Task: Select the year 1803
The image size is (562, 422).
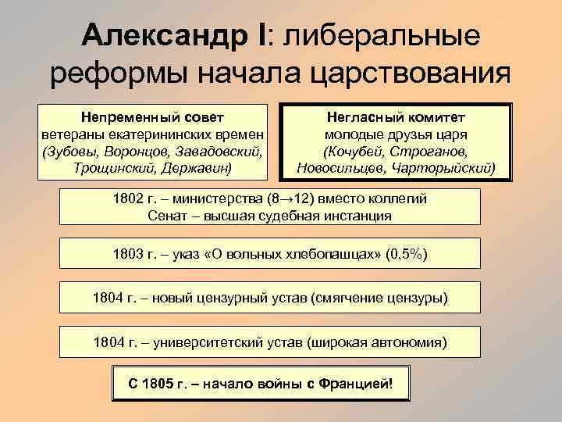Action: pos(129,256)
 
